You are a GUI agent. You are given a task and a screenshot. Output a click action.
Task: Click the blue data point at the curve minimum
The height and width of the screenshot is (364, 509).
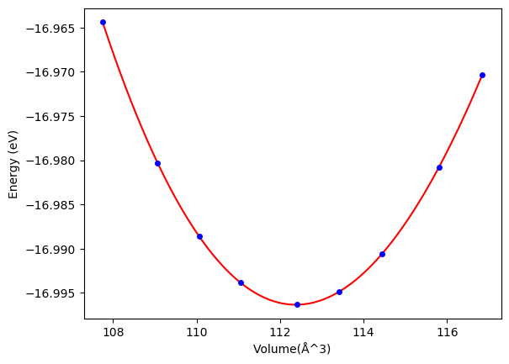297,304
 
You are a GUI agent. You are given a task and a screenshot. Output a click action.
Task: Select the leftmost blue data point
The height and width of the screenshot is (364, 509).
103,22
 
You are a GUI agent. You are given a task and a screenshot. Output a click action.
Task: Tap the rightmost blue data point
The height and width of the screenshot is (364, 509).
482,75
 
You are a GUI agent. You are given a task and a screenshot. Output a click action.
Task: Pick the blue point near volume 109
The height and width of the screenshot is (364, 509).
157,163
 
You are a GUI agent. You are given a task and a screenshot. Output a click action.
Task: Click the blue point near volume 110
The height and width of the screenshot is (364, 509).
199,236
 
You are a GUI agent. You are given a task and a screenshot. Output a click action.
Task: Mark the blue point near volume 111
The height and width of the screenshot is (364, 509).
241,282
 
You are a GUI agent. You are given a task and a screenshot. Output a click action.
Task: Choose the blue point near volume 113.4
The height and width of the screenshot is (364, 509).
339,292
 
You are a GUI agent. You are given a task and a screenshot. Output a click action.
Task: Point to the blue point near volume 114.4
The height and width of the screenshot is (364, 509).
382,254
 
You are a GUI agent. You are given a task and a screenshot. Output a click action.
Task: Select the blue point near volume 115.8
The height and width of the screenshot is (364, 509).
439,167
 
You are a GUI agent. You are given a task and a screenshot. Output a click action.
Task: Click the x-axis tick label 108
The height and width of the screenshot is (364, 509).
114,332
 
